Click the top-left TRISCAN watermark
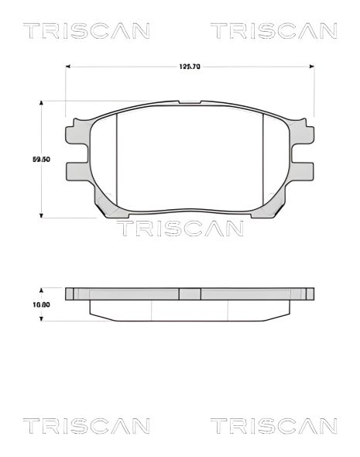coord(86,31)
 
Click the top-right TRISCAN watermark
coord(274,31)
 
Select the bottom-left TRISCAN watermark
coord(86,425)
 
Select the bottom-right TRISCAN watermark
coord(274,425)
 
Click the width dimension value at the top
coord(190,67)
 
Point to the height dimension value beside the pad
coord(41,159)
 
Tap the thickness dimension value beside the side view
coord(41,304)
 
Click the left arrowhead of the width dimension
coord(69,67)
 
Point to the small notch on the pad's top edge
coord(190,101)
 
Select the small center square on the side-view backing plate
coord(190,294)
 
